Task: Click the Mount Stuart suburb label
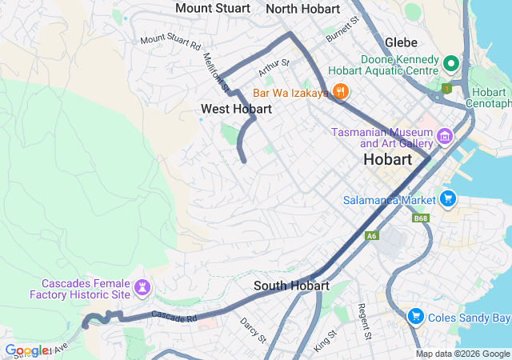[x=212, y=8]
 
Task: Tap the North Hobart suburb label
[x=302, y=9]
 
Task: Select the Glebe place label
[x=401, y=42]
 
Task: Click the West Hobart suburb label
[x=236, y=109]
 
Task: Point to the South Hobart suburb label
[x=291, y=286]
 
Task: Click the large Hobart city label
[x=387, y=159]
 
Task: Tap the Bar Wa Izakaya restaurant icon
[x=341, y=91]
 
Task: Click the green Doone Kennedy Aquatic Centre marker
[x=450, y=63]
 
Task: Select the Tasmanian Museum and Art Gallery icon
[x=445, y=138]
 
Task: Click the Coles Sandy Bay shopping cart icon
[x=415, y=318]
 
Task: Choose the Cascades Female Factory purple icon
[x=144, y=286]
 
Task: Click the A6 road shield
[x=372, y=236]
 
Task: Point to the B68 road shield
[x=421, y=218]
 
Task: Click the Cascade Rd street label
[x=174, y=318]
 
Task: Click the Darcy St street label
[x=252, y=329]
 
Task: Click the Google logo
[x=26, y=350]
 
